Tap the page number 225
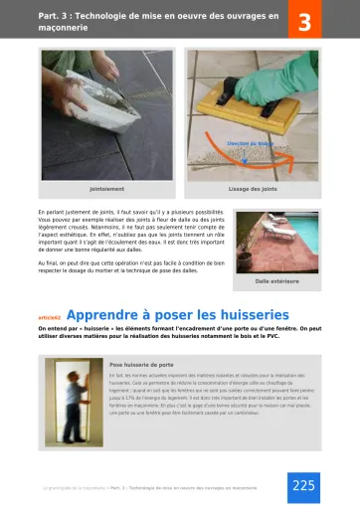click(302, 484)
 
